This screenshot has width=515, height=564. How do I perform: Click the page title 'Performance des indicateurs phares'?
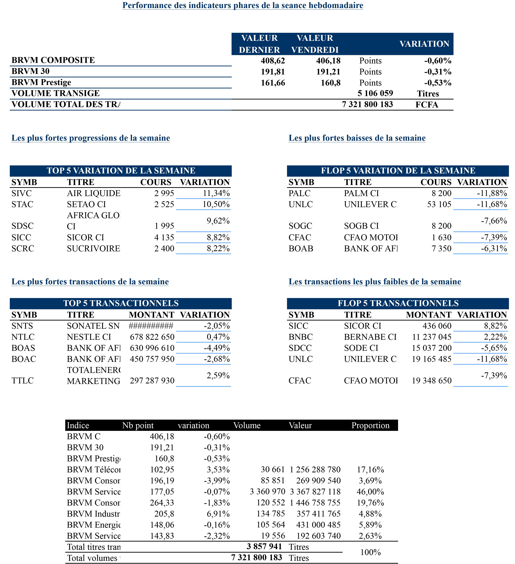243,5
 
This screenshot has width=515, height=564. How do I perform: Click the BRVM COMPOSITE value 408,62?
273,60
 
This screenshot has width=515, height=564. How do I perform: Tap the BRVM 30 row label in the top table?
30,71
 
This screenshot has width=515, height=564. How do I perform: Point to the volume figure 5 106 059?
375,93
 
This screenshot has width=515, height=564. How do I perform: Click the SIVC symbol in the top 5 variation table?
22,193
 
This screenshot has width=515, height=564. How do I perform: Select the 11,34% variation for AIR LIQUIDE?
216,193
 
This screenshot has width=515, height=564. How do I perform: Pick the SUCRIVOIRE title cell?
93,248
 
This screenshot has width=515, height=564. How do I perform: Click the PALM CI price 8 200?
441,193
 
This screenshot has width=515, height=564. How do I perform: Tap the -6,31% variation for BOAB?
494,248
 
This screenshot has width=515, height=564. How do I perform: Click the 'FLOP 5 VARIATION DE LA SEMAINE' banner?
398,171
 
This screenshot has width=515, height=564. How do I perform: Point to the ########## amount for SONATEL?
151,326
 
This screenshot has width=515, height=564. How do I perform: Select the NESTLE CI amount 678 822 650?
152,337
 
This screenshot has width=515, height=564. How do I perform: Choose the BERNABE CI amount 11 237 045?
431,337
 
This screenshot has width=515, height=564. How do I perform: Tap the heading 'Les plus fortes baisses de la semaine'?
357,138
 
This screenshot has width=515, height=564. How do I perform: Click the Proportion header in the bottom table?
370,425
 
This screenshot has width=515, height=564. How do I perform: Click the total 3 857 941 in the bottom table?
264,546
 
